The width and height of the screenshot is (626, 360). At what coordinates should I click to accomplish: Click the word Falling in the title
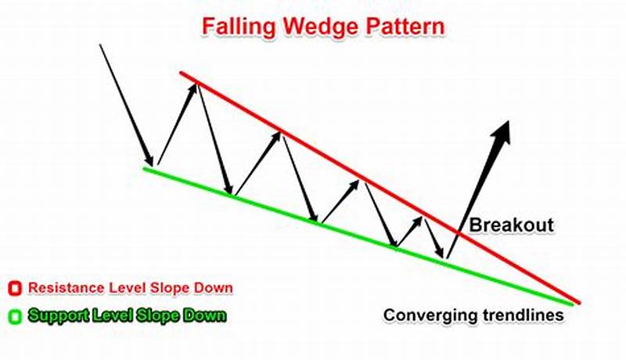(234, 25)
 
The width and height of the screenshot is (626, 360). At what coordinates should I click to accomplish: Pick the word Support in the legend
(54, 316)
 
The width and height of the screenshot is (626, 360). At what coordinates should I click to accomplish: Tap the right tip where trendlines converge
(577, 302)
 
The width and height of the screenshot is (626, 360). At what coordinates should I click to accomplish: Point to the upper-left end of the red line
(182, 73)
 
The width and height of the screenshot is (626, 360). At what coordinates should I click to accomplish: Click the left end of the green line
(145, 167)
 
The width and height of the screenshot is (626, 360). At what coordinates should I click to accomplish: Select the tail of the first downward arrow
(100, 45)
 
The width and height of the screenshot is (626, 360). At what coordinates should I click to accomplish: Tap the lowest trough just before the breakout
(444, 255)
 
